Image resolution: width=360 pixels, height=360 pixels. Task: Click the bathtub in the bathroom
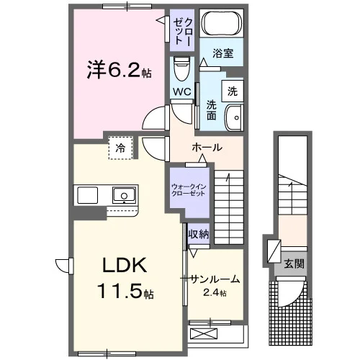221,23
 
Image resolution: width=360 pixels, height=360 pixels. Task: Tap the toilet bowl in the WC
181,68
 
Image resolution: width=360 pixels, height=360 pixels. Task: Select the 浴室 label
222,53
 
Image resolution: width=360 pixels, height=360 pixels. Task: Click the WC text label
182,91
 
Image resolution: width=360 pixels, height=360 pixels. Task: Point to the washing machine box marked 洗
233,91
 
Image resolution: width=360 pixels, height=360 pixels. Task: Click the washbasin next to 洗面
234,117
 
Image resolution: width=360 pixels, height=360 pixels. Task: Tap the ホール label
207,147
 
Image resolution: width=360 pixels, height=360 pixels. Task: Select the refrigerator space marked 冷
120,148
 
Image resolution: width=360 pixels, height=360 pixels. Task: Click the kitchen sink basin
124,195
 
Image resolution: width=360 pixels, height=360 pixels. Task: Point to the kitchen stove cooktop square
87,195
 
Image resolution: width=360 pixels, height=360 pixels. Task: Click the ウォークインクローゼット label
189,190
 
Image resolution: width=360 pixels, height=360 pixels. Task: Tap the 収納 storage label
199,234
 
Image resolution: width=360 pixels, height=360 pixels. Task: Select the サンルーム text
215,279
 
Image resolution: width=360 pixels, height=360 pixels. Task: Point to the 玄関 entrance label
294,264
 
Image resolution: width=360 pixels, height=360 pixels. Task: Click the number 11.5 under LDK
120,291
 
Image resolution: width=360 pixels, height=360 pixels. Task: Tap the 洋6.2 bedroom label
113,69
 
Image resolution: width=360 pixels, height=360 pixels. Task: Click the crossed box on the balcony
204,333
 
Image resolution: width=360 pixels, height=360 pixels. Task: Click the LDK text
125,265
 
